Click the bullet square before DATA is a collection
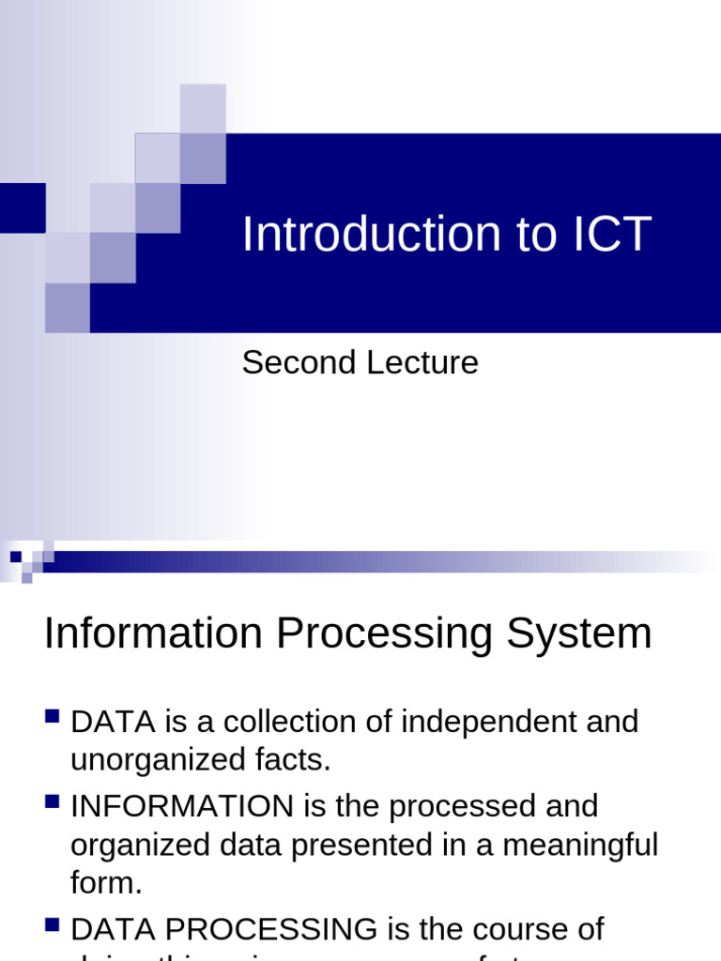53,718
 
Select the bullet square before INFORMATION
53,801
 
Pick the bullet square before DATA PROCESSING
53,925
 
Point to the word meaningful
581,845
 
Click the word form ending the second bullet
102,883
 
